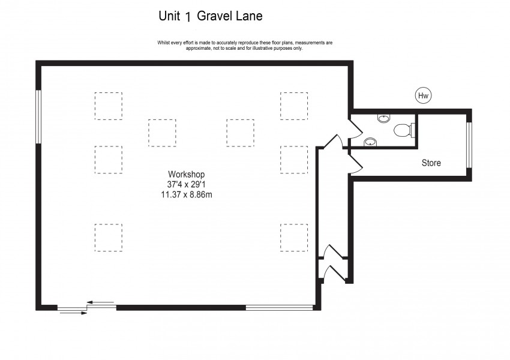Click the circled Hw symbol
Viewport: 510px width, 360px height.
click(x=424, y=95)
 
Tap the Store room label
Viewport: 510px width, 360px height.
click(x=431, y=163)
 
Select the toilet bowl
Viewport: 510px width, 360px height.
click(x=401, y=130)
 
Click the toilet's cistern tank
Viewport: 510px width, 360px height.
click(x=413, y=129)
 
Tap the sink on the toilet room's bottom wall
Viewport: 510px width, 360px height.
click(x=370, y=142)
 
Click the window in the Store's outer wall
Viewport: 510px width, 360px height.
click(x=469, y=145)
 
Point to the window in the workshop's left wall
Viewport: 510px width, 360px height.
click(x=38, y=116)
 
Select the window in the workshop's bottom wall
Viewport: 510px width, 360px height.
click(x=279, y=308)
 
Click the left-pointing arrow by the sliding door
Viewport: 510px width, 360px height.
click(x=100, y=302)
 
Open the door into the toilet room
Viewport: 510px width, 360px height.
click(x=354, y=124)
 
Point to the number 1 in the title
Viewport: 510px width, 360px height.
click(x=188, y=17)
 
